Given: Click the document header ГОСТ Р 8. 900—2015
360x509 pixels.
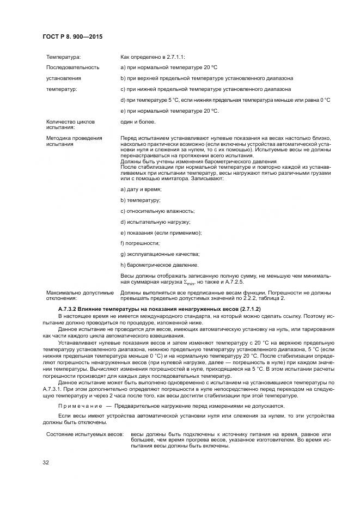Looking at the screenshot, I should [72, 36].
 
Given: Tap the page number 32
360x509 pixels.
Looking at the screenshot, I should [46, 463].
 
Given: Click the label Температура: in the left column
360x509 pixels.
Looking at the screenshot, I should [64, 57].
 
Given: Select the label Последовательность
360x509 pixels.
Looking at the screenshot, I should [72, 68].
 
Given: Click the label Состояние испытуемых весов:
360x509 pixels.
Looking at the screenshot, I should [84, 434].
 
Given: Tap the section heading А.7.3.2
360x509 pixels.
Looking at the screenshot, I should [81, 309].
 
